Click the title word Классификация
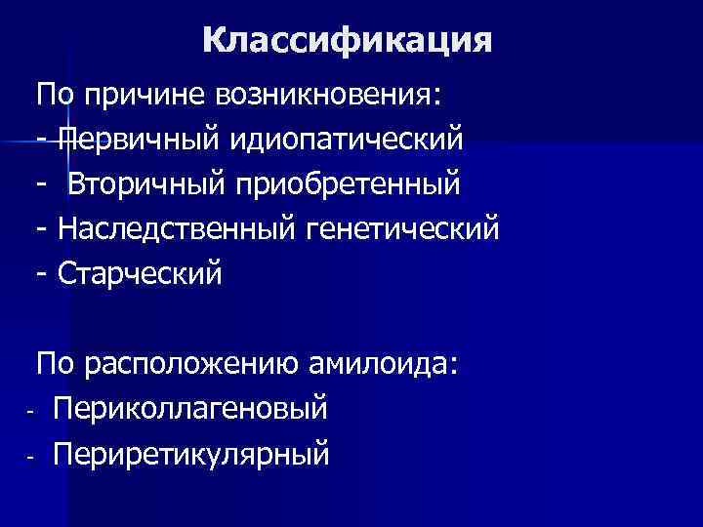click(349, 40)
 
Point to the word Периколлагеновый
click(191, 409)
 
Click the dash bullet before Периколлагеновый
click(31, 411)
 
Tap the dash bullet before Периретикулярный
click(31, 456)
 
